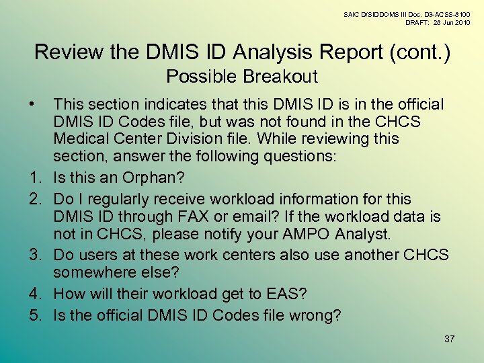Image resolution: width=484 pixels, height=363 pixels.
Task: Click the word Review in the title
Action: coord(68,52)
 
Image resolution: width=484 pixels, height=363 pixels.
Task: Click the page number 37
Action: coord(449,339)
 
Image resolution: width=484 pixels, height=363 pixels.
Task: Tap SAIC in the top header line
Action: coord(352,13)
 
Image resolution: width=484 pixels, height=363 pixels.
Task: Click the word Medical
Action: coord(81,139)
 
